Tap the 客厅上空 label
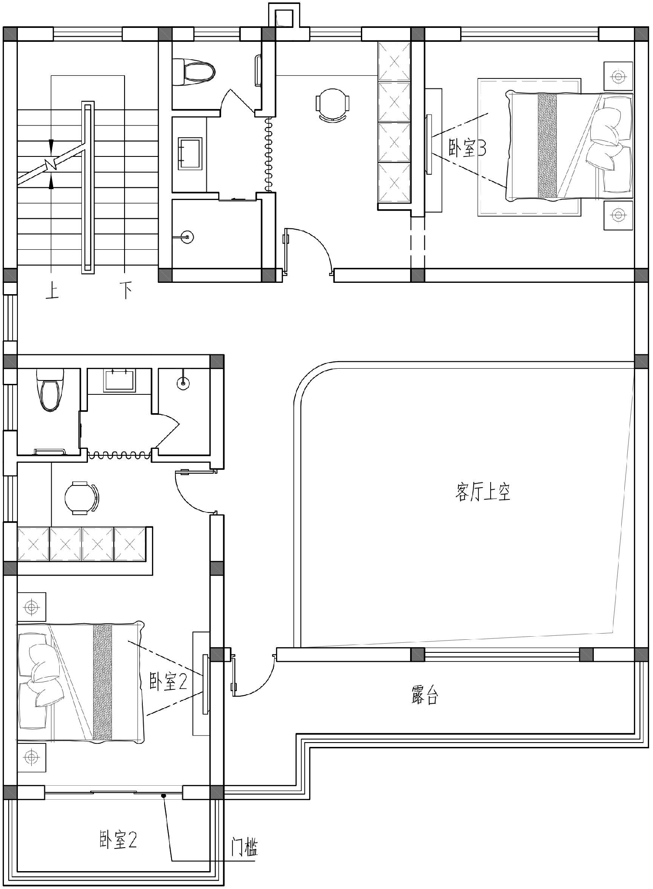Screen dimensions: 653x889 [x=483, y=492]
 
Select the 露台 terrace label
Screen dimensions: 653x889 [x=424, y=696]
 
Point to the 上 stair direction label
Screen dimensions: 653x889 [x=52, y=291]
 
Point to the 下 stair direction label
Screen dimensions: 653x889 [x=126, y=291]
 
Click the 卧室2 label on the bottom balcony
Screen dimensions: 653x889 [x=118, y=840]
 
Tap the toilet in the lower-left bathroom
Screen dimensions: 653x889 [x=50, y=390]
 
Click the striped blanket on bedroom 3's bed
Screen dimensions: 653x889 [x=547, y=146]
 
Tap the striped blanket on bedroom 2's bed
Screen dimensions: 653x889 [x=102, y=683]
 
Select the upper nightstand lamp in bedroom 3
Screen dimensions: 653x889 [x=618, y=77]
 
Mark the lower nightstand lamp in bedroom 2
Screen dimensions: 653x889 [x=31, y=758]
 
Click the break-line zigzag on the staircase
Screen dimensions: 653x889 [x=52, y=164]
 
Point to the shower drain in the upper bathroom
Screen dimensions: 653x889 [x=187, y=238]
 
